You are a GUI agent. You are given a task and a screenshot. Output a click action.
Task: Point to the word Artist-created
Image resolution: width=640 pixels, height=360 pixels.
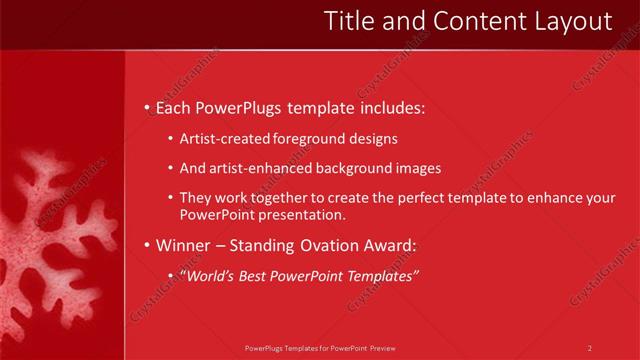(x=224, y=139)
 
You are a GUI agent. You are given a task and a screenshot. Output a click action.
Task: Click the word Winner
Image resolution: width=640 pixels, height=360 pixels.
(x=183, y=245)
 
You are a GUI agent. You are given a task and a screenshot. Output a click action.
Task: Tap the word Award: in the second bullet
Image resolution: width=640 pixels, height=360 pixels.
(x=388, y=245)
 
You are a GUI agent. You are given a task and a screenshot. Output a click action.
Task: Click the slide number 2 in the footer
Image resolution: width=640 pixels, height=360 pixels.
(x=590, y=348)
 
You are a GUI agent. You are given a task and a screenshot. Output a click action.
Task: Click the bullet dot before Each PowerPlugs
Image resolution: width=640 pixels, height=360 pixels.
(x=147, y=107)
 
